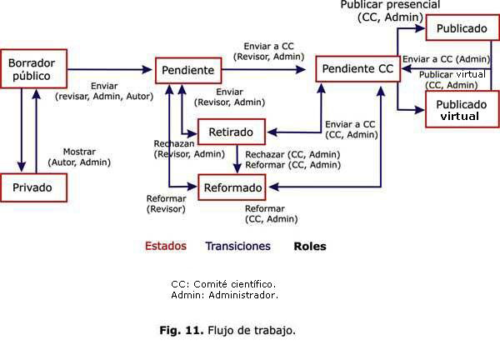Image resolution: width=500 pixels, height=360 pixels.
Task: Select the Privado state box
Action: (33, 187)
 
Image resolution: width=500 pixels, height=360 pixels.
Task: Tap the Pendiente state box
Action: (189, 70)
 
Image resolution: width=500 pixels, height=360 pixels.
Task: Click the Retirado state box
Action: (231, 131)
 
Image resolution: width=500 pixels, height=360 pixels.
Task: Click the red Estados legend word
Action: (166, 247)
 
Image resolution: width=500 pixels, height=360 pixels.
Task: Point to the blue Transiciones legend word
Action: (238, 247)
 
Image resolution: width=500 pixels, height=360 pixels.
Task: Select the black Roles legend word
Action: (309, 247)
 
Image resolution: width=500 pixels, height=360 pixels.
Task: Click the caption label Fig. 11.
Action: (181, 330)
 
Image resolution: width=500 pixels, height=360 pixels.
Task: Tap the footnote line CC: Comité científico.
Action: (222, 283)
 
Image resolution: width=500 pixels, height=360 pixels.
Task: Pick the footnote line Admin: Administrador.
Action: (224, 295)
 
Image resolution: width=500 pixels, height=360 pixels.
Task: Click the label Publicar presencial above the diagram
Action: (390, 6)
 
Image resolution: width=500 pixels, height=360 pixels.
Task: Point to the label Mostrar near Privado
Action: (80, 152)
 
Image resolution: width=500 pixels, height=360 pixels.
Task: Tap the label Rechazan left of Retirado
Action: (174, 143)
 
